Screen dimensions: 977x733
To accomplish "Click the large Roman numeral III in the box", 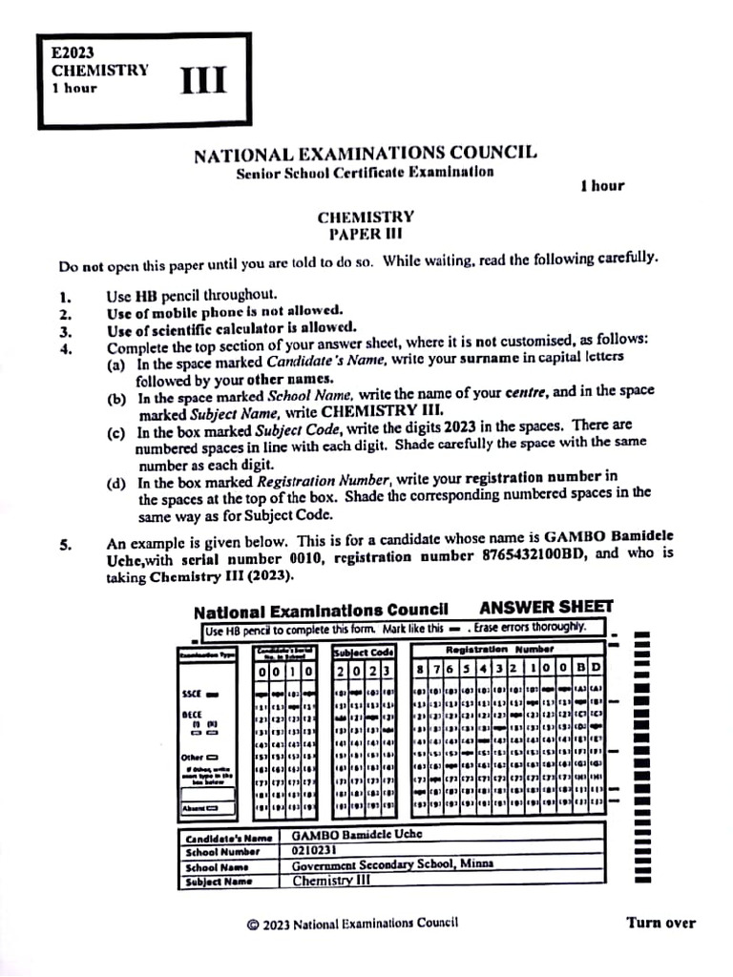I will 204,82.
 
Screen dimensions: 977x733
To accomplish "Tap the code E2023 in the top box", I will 73,54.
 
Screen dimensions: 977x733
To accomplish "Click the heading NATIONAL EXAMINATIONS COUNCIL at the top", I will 366,154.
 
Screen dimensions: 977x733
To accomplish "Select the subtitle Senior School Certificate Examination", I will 366,173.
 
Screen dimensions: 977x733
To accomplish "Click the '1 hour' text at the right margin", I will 601,186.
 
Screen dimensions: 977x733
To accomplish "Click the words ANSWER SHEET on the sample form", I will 546,607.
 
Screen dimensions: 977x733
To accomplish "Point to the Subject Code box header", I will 364,653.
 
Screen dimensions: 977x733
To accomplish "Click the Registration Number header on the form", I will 507,648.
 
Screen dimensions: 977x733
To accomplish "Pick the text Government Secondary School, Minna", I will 392,864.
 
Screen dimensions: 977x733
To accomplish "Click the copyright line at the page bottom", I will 352,924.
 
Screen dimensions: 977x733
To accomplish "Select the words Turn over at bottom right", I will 660,923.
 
